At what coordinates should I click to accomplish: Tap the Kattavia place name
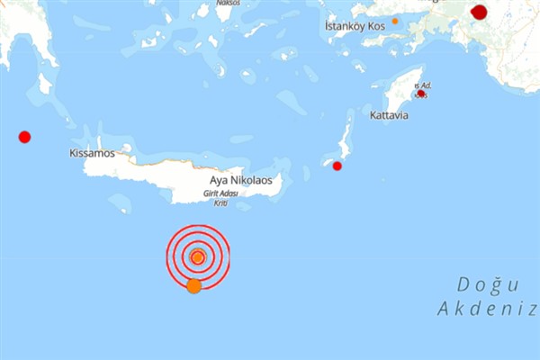point(388,116)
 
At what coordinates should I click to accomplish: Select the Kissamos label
point(92,154)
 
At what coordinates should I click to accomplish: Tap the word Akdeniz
point(487,310)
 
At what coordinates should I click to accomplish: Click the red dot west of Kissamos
point(24,137)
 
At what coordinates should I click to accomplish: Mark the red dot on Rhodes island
point(421,93)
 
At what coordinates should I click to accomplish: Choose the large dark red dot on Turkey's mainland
point(480,12)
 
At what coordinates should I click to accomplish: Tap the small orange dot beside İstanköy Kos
point(394,20)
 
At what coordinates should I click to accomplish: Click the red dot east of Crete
point(337,166)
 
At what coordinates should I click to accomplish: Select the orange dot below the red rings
point(193,286)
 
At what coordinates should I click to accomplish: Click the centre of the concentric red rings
point(198,256)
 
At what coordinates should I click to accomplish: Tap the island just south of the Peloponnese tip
point(44,84)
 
